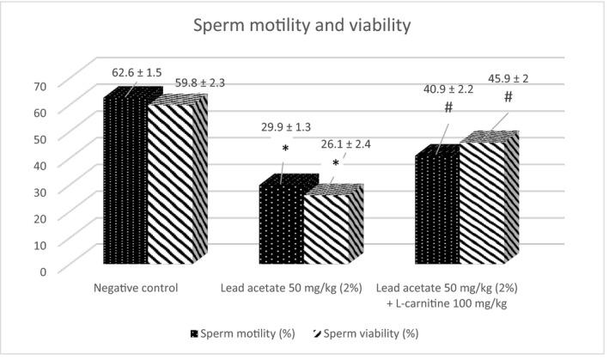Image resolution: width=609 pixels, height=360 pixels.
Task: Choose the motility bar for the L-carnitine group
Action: tap(436, 211)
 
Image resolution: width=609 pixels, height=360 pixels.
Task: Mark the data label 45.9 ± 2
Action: tap(509, 78)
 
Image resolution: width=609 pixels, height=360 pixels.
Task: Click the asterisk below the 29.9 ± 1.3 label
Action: tap(285, 148)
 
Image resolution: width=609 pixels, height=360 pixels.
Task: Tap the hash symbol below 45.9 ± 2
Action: tap(508, 98)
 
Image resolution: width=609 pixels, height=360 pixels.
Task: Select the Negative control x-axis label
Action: tap(141, 288)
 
